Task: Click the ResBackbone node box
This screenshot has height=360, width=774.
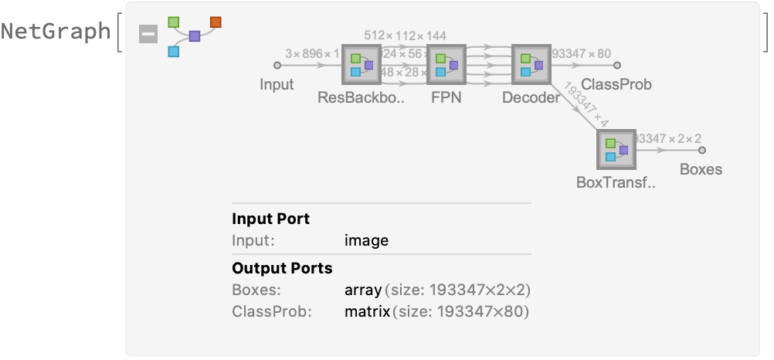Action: (x=362, y=65)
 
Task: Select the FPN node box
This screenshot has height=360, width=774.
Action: (x=447, y=65)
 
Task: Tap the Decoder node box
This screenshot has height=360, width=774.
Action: (x=531, y=65)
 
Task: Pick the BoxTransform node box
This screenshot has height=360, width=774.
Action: (x=616, y=149)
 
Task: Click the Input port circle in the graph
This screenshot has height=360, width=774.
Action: (x=277, y=66)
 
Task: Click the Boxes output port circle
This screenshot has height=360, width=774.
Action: (x=702, y=150)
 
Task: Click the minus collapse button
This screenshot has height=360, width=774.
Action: (x=148, y=34)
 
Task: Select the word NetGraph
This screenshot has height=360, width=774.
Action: (x=56, y=32)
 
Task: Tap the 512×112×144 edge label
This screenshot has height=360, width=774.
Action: (x=406, y=36)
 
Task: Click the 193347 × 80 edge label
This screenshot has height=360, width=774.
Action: (x=582, y=54)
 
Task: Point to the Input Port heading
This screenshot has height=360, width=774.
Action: (x=270, y=219)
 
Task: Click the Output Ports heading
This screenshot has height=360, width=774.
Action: (x=282, y=269)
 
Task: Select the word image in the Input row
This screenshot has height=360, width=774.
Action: (x=366, y=240)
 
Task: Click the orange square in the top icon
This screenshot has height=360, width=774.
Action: (x=216, y=22)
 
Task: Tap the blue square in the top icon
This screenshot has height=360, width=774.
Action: (x=174, y=52)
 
